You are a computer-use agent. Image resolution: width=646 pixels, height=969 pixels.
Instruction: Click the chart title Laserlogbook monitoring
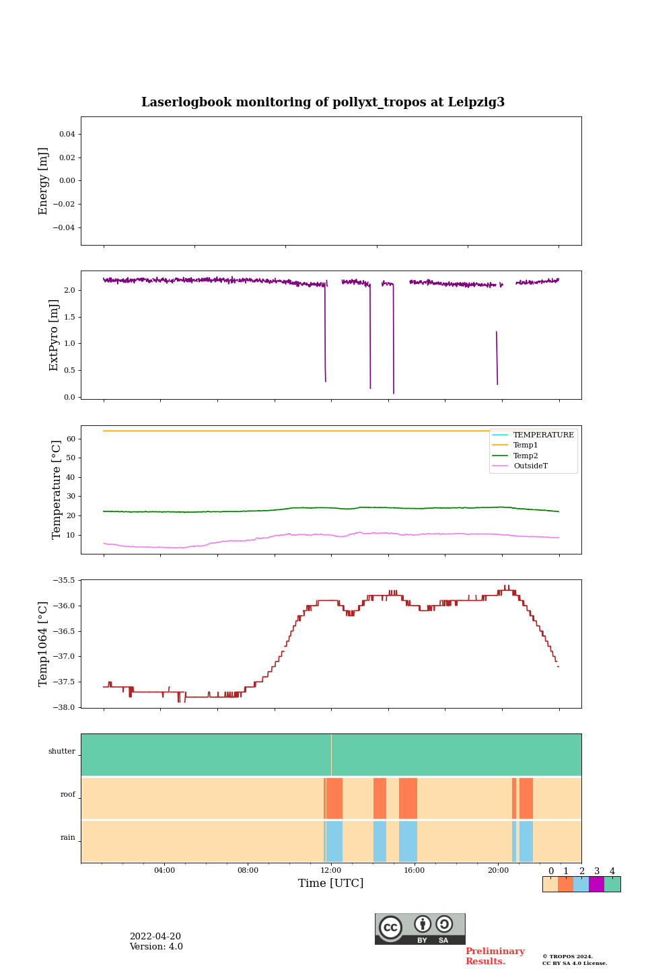(x=322, y=102)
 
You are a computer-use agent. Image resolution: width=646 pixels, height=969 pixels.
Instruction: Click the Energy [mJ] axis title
(x=44, y=181)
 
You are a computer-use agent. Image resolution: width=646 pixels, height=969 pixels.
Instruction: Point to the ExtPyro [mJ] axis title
(x=54, y=335)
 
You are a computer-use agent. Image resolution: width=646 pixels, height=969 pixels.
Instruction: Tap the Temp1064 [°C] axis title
(x=44, y=644)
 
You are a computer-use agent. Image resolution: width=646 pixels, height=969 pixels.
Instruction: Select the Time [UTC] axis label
(x=330, y=883)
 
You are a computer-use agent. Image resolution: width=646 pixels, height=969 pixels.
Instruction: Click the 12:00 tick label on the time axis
(x=331, y=870)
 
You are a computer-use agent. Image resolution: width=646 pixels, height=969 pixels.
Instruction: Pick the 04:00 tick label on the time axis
(x=164, y=870)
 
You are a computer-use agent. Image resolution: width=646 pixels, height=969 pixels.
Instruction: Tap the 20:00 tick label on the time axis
(x=498, y=870)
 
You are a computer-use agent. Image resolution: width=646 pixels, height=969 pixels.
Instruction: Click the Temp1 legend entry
(x=526, y=445)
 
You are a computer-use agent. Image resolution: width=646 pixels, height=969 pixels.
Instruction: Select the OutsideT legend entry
(x=530, y=466)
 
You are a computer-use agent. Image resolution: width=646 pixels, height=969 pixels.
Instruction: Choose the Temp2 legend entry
(x=526, y=456)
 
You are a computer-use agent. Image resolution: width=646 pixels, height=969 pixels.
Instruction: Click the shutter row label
(x=62, y=752)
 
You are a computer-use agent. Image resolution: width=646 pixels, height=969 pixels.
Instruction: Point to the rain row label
(x=68, y=838)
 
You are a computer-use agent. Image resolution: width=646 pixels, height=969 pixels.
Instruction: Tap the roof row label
(x=68, y=795)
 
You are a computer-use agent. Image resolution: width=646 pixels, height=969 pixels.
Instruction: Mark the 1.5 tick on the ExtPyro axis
(x=70, y=317)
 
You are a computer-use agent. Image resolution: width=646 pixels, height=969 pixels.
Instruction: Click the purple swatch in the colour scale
(x=596, y=884)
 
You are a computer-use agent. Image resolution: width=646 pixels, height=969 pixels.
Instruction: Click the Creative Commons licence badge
(x=420, y=929)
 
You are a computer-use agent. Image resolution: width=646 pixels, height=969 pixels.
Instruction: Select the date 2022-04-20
(x=155, y=937)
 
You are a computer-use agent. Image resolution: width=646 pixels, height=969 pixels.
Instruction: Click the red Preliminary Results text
(x=495, y=956)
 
